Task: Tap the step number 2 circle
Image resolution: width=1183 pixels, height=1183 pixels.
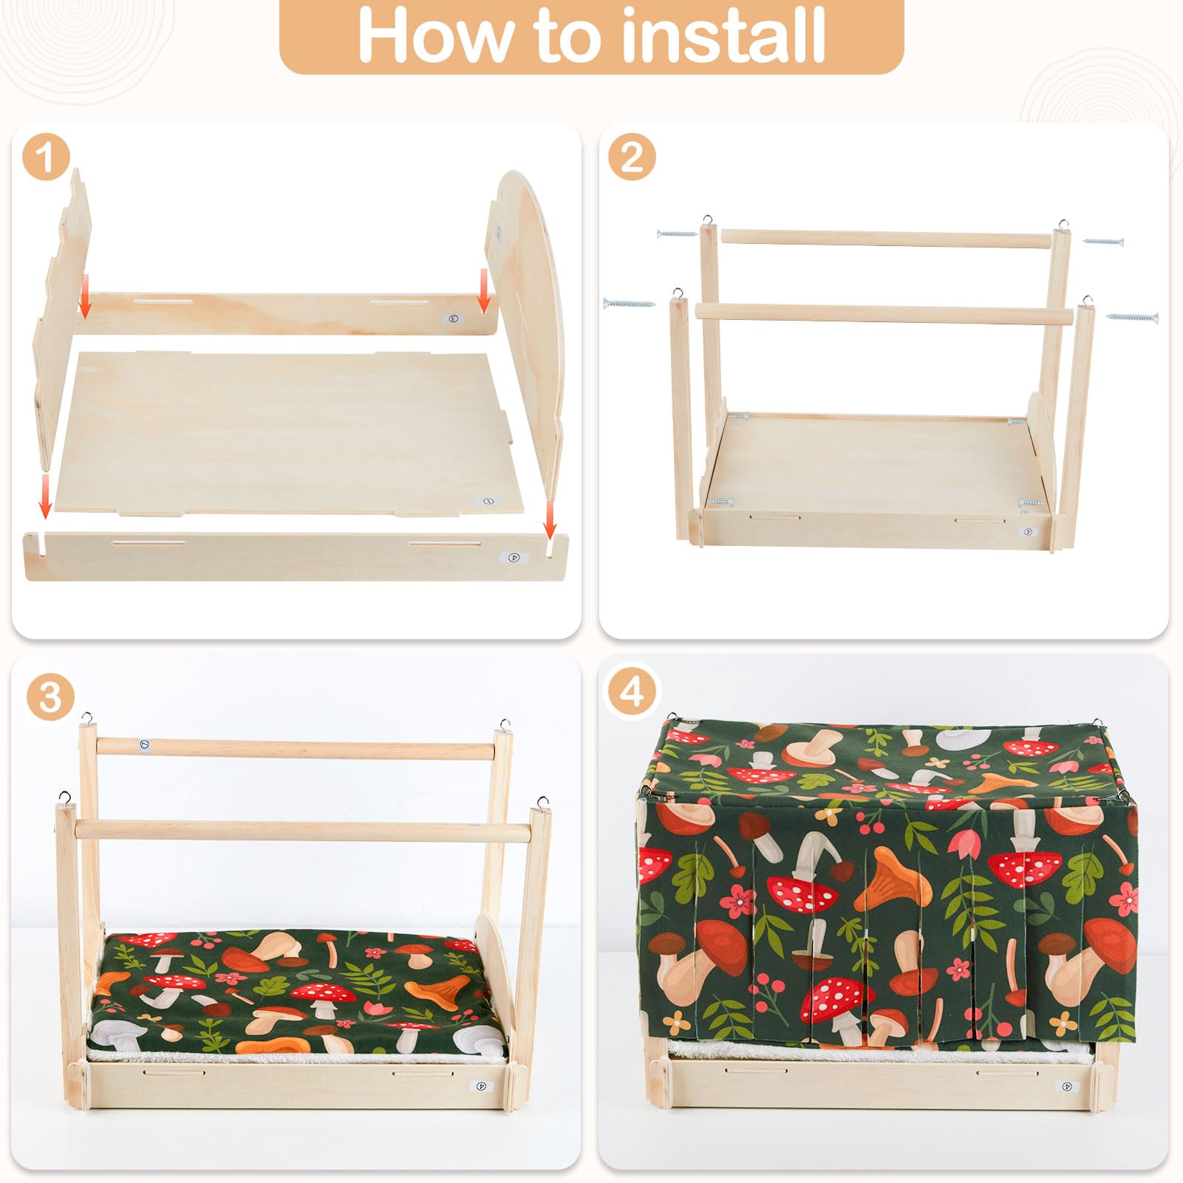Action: pyautogui.click(x=632, y=158)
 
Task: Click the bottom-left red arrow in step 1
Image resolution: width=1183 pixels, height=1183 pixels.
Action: pyautogui.click(x=45, y=497)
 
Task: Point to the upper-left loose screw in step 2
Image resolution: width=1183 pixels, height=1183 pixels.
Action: pyautogui.click(x=676, y=233)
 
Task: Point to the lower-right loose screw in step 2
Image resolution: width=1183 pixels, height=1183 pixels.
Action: pyautogui.click(x=1131, y=317)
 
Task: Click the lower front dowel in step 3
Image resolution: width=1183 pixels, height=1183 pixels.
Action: pyautogui.click(x=303, y=830)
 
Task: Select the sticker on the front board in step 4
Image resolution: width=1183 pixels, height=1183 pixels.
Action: pyautogui.click(x=1066, y=1087)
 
